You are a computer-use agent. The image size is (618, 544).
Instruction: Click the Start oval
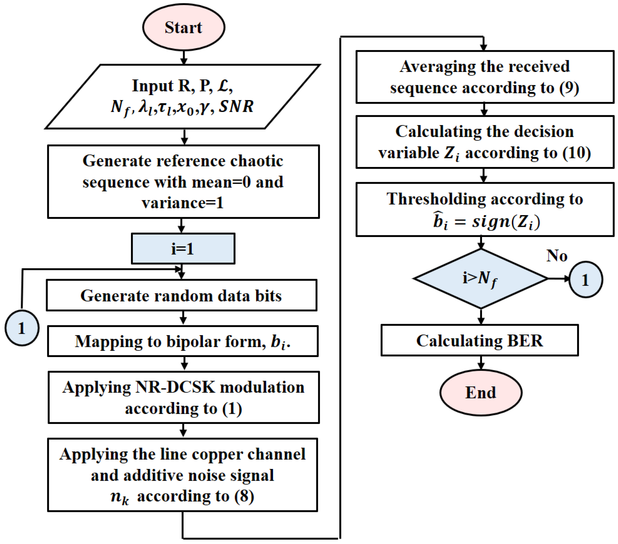point(183,27)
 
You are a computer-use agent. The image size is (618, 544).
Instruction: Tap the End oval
point(481,393)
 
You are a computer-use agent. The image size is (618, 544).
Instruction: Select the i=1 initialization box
point(183,249)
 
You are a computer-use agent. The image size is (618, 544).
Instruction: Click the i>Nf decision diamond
point(481,279)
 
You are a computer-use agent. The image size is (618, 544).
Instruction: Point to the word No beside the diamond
point(557,256)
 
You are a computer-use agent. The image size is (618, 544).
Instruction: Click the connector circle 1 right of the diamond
point(586,280)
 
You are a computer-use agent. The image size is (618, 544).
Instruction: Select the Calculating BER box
point(480,340)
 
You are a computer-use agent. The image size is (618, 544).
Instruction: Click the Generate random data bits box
point(182,295)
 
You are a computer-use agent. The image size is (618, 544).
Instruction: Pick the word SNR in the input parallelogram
point(236,106)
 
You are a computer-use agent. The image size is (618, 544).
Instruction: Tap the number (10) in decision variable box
point(577,153)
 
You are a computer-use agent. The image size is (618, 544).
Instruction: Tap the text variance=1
point(183,203)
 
